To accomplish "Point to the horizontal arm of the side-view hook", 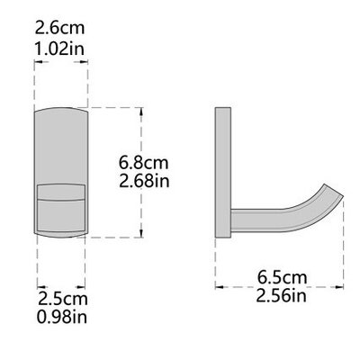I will click(x=270, y=217).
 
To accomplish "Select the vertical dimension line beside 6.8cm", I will click(x=142, y=172).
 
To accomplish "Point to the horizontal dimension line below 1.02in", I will click(x=61, y=62).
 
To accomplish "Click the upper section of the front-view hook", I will click(x=61, y=148).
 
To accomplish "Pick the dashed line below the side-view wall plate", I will click(x=216, y=261).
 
